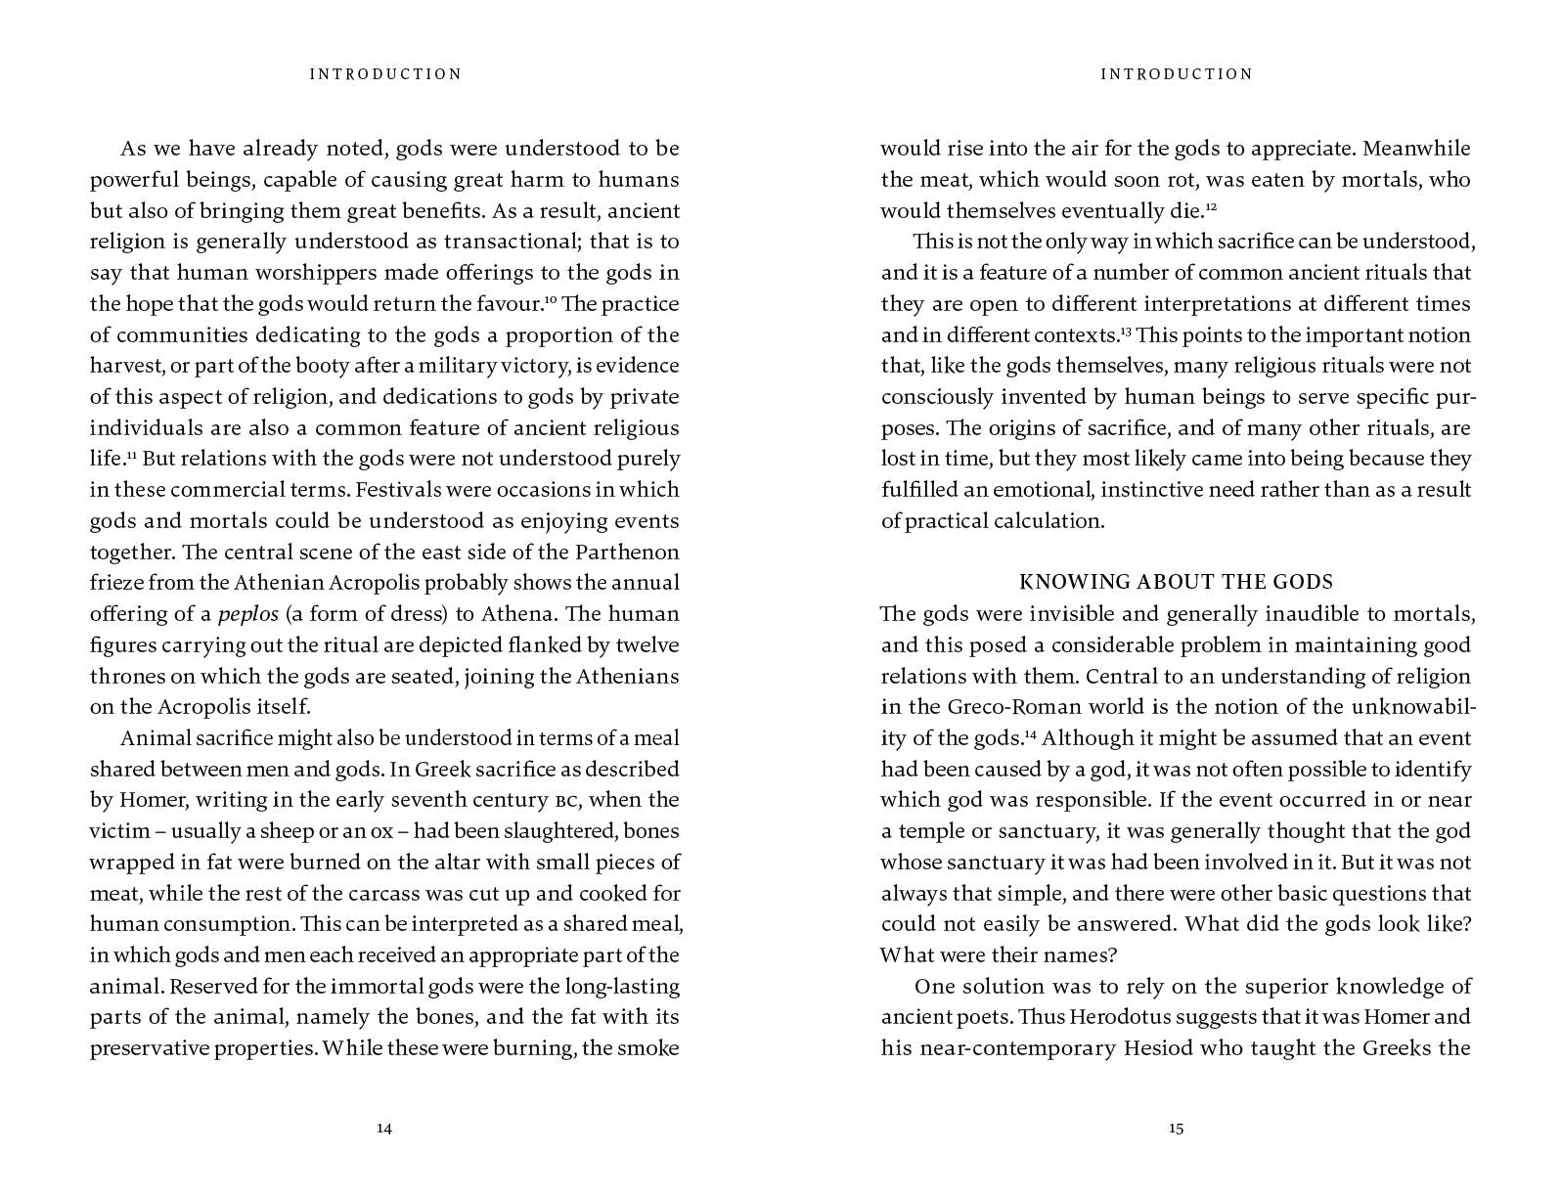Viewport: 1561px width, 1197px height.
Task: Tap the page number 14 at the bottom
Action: coord(384,1129)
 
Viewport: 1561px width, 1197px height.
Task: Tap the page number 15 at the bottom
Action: coord(1176,1129)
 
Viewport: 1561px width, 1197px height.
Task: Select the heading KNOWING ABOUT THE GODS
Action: coord(1177,583)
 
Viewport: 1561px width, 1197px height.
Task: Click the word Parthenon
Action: coord(626,553)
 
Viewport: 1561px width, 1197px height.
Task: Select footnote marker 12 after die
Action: coord(1211,206)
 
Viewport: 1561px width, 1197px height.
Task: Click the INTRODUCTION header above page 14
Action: coord(385,74)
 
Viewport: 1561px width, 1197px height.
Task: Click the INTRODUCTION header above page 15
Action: coord(1177,74)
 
